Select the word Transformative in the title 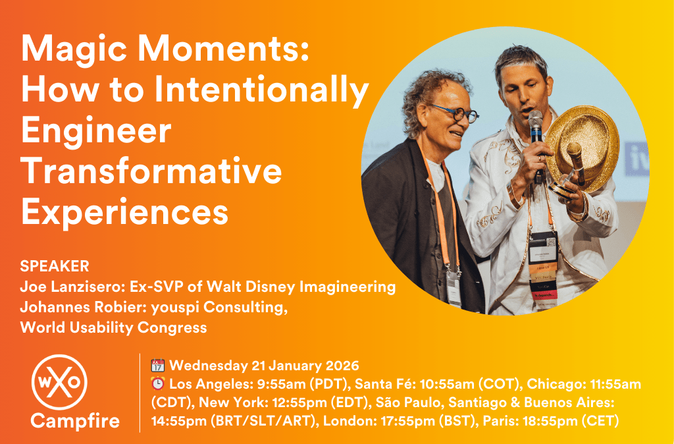(x=151, y=171)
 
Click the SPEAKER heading (x=55, y=266)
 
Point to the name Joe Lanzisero (x=70, y=287)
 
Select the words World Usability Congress (x=113, y=327)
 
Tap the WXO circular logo (x=59, y=382)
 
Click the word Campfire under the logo (x=75, y=420)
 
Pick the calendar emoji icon (x=158, y=366)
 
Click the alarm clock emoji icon (x=158, y=383)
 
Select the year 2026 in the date (x=342, y=366)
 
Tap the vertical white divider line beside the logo (x=140, y=393)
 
